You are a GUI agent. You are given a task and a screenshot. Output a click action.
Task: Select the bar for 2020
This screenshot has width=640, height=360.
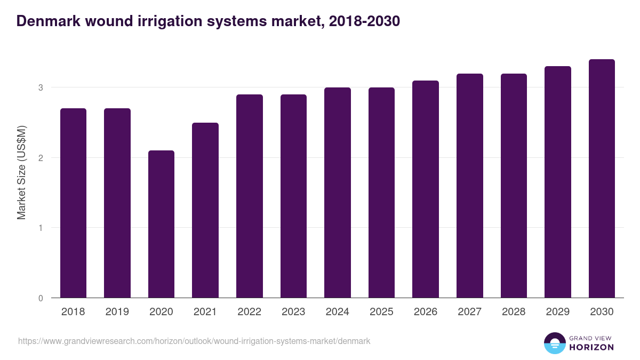coord(161,224)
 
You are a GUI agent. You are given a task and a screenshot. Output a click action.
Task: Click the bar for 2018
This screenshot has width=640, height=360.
coord(73,203)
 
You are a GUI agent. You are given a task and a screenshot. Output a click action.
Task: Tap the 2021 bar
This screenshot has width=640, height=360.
coord(205,210)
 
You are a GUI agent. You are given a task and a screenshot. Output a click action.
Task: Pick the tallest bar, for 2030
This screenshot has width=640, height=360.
coord(602,179)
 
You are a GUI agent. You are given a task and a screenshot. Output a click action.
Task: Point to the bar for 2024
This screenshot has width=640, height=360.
coord(338,193)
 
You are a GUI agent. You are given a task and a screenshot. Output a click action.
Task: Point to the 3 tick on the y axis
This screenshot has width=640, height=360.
coord(40,87)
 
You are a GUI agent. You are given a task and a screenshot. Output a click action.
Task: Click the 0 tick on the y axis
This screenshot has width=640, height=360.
coord(40,298)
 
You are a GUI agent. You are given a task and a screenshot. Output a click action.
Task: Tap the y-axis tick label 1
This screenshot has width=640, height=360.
coord(40,228)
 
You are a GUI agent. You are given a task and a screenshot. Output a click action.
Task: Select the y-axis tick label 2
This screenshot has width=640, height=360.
coord(40,158)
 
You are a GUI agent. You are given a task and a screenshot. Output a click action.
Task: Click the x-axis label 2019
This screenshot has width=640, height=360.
coord(117,312)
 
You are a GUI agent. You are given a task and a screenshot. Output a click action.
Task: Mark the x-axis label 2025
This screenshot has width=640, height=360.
coord(381,312)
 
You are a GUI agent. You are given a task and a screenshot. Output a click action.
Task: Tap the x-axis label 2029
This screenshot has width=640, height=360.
coord(558,312)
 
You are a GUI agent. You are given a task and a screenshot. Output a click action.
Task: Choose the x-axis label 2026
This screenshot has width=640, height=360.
coord(426,312)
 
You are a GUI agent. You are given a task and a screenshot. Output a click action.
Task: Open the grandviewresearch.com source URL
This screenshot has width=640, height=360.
coord(194,341)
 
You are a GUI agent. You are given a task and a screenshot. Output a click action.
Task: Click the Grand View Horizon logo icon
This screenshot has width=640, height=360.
coord(554,343)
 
